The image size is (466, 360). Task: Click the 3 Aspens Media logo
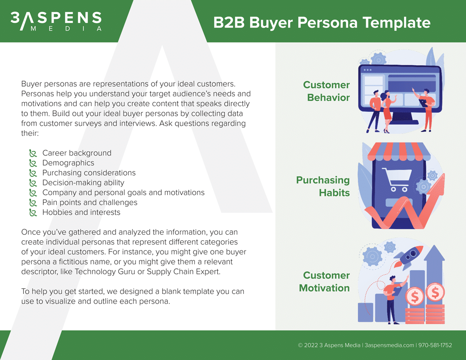point(56,21)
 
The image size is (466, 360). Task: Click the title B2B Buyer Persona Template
point(322,22)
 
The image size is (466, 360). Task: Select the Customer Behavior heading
point(326,91)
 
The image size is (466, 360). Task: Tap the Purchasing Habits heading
point(323,186)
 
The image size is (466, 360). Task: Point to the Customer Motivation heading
point(324,282)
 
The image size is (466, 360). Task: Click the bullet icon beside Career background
point(33,153)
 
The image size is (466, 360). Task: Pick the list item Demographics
point(68,163)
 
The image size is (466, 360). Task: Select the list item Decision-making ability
point(83,183)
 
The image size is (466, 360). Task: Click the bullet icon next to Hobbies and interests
point(33,213)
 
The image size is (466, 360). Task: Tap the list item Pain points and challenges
point(90,202)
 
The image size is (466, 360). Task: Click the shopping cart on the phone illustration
point(397,180)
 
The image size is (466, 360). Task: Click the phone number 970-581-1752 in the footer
point(435,345)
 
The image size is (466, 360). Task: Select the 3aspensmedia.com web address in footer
point(389,345)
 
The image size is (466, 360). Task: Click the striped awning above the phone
point(399,151)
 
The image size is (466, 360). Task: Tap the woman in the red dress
point(387,111)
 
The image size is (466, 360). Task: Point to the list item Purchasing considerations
point(89,173)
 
